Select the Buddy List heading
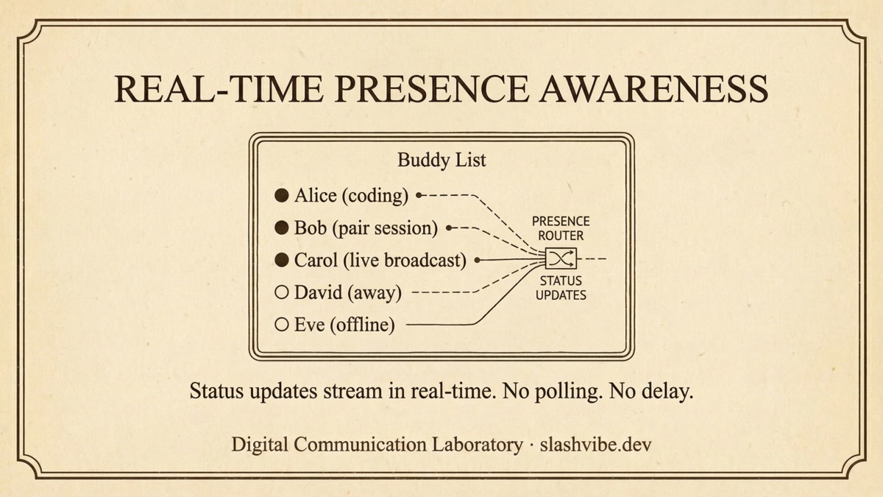coord(441,160)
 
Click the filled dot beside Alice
coord(281,196)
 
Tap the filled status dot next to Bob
coord(281,228)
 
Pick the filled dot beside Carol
coord(281,260)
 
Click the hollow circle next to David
coord(281,292)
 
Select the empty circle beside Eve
coord(281,324)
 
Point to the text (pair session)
coord(385,228)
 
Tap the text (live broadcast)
coord(410,261)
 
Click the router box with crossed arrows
coord(561,259)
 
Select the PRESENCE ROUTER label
coord(561,228)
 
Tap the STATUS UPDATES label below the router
coord(561,288)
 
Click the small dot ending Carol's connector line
coord(478,260)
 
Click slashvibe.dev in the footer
coord(595,445)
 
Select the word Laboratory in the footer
coord(476,445)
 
